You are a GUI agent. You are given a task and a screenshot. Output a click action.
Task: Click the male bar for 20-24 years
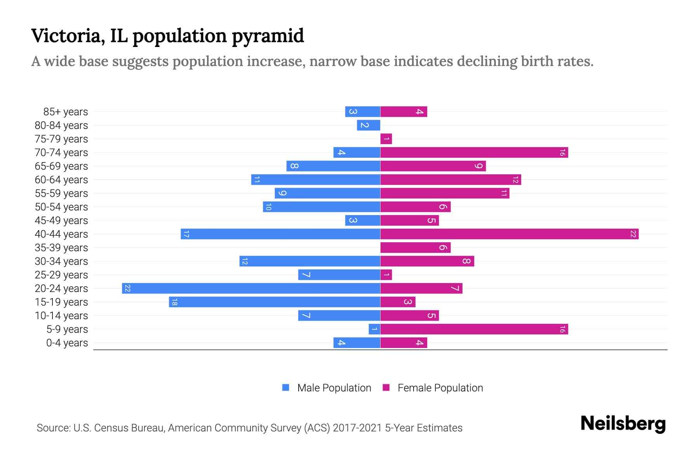251,289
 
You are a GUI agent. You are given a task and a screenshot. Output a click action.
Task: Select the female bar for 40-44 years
509,234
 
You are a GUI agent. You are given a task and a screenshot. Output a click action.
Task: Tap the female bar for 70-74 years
474,153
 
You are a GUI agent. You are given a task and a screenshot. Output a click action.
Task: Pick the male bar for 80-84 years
369,125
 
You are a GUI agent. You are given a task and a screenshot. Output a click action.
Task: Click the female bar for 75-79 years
386,139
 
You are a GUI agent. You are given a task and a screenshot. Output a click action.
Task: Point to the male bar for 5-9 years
374,329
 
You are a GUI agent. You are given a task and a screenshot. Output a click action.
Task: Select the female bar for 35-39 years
415,248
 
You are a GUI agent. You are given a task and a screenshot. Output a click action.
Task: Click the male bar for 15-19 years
274,302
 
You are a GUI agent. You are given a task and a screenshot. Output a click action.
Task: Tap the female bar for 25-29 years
386,275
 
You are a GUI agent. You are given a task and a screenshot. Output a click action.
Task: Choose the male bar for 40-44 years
280,234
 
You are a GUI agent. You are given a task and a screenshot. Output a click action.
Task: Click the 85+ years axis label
66,112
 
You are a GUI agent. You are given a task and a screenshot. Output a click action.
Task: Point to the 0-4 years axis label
67,343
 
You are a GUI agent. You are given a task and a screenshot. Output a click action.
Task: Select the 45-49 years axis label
61,221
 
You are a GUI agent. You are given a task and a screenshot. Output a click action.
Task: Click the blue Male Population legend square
286,388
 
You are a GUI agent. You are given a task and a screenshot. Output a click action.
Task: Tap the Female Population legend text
440,388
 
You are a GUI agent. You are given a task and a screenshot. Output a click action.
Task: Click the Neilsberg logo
623,424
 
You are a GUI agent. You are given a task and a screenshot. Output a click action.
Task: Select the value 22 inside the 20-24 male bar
128,289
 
